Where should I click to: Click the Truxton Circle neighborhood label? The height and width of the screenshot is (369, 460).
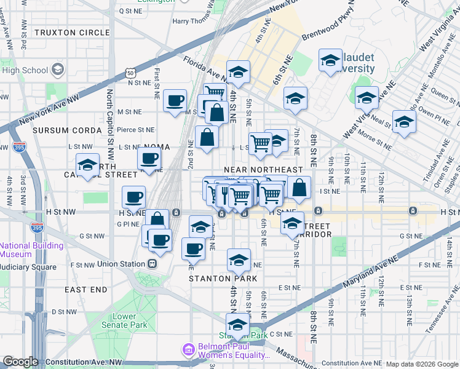pyautogui.click(x=73, y=32)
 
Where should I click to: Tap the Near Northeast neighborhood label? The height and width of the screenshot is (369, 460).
pyautogui.click(x=263, y=169)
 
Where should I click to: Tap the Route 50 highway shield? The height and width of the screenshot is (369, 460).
pyautogui.click(x=131, y=73)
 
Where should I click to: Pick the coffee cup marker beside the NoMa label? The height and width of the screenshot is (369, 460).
pyautogui.click(x=149, y=159)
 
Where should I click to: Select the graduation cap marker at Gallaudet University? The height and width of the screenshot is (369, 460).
pyautogui.click(x=330, y=61)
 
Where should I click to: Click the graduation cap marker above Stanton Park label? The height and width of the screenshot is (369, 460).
pyautogui.click(x=238, y=260)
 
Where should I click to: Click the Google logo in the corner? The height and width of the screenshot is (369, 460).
pyautogui.click(x=20, y=362)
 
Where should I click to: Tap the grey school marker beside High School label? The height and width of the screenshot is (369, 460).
pyautogui.click(x=58, y=69)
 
